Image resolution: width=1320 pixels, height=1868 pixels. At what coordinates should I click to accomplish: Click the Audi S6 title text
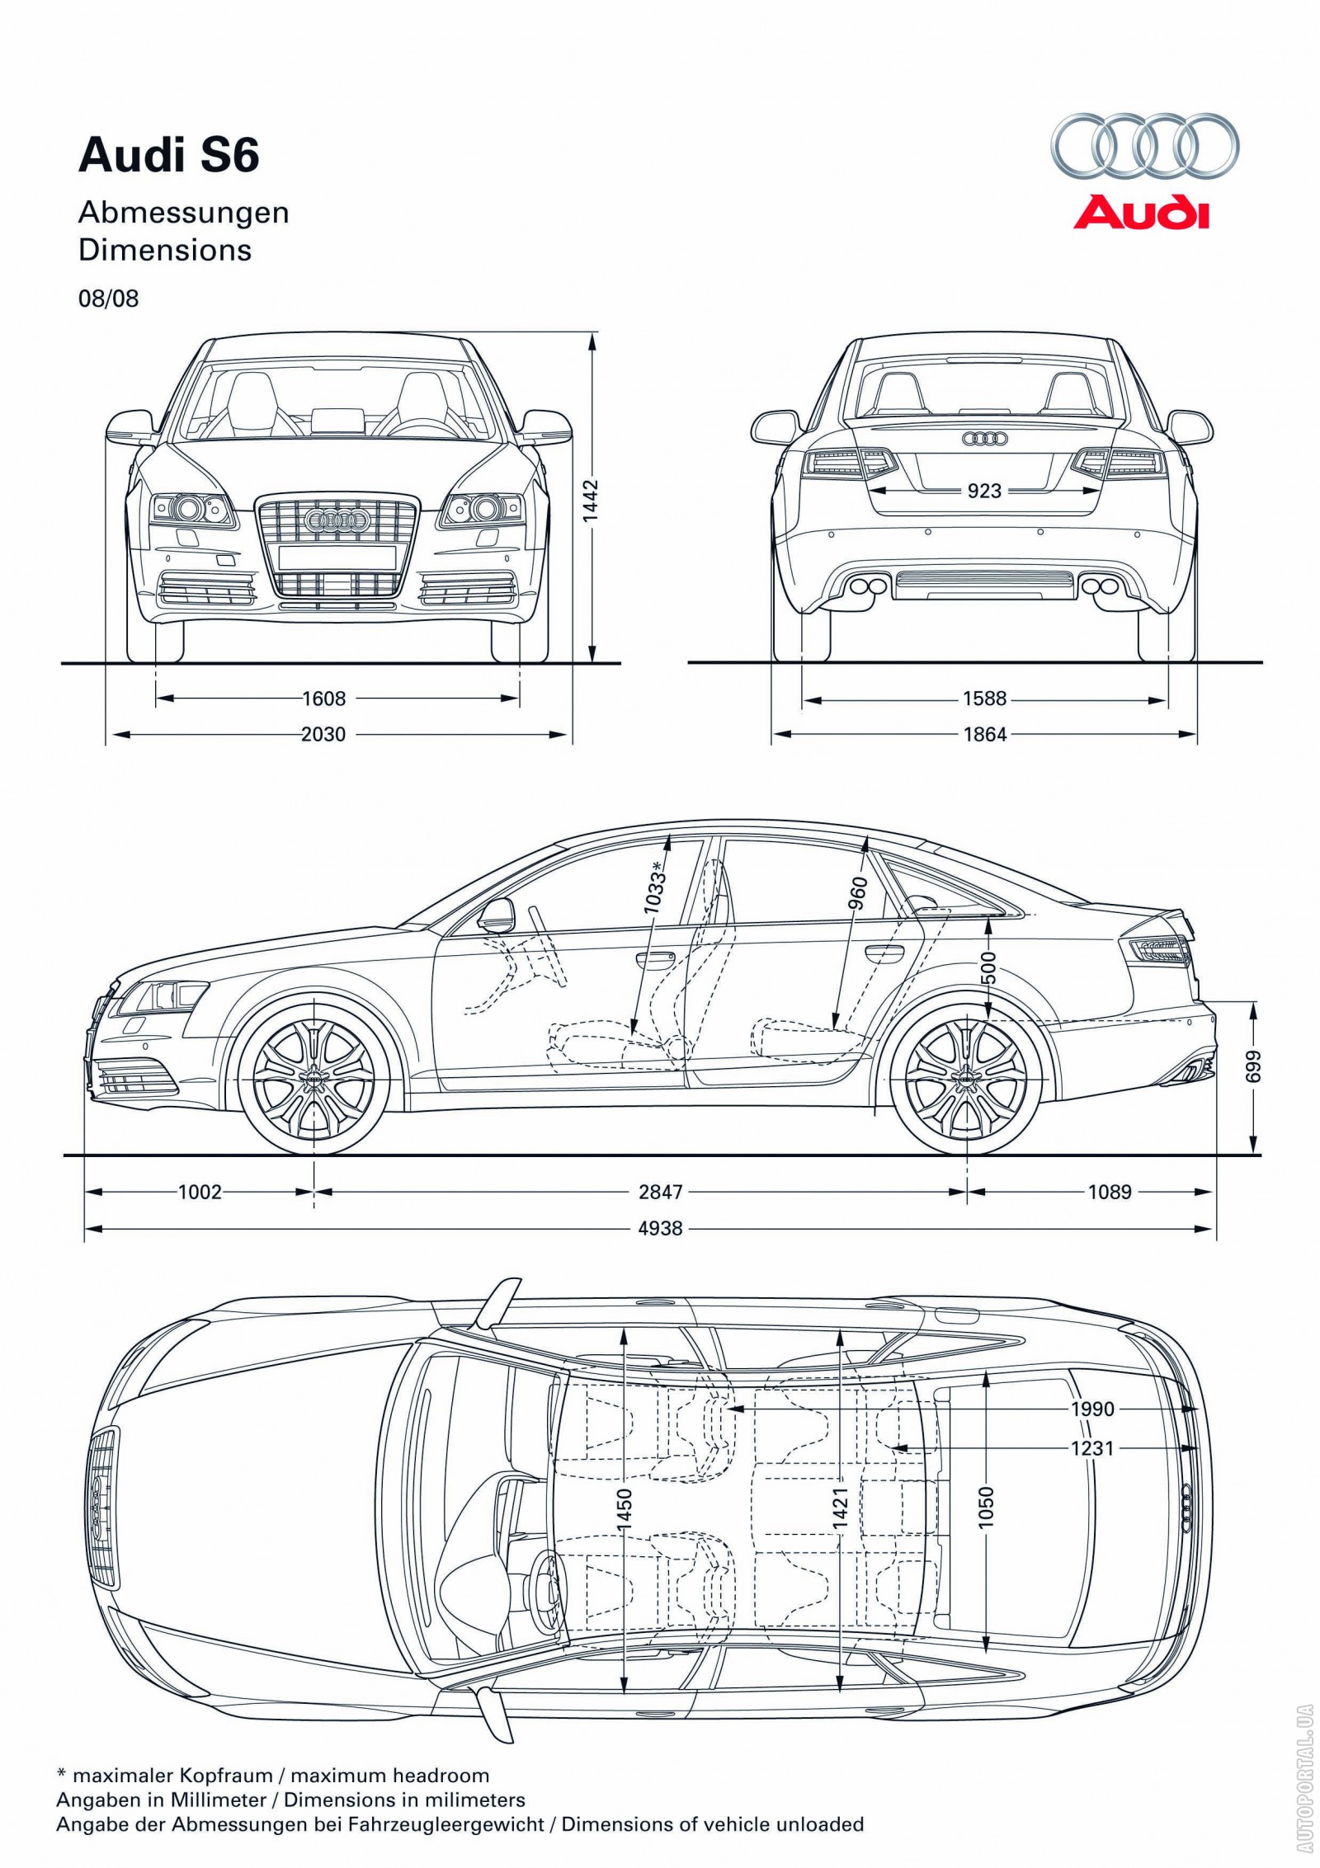[169, 156]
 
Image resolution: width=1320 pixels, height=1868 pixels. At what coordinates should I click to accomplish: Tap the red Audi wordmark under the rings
[1141, 212]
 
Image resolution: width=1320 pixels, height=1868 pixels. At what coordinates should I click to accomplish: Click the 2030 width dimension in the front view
[323, 733]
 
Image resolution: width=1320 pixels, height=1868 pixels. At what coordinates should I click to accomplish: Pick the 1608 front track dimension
[323, 699]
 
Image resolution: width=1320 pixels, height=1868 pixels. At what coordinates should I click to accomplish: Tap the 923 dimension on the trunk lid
[984, 491]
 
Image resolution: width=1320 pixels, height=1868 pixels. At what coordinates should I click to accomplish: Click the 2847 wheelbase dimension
[661, 1191]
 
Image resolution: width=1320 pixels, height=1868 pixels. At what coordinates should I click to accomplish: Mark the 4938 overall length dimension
[661, 1228]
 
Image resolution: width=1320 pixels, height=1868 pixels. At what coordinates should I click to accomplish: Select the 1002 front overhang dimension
[200, 1191]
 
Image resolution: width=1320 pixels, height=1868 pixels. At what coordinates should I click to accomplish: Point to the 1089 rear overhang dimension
[1110, 1191]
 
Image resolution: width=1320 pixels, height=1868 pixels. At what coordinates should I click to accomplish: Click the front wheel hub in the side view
[313, 1075]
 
